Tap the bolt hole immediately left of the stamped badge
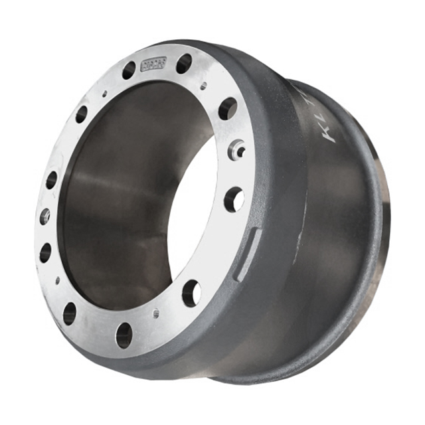point(128,70)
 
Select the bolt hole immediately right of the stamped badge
point(184,64)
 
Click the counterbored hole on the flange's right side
point(236,150)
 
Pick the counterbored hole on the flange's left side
point(44,216)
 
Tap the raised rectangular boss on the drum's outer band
point(246,252)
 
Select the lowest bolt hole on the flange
point(124,335)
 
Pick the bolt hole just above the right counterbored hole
point(228,108)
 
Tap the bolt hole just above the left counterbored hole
point(51,180)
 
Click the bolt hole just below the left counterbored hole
point(45,252)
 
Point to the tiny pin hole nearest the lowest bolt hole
point(155,313)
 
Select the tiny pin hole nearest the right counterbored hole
point(203,86)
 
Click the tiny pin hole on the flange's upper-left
point(104,94)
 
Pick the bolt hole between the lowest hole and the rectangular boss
point(191,292)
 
